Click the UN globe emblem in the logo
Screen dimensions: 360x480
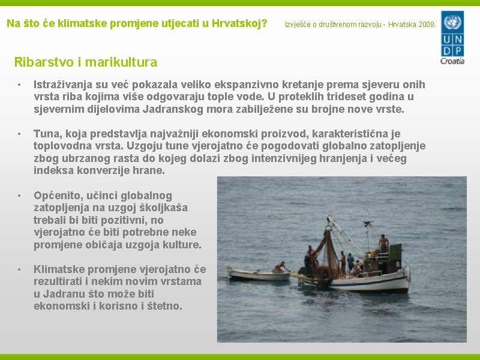pos(452,24)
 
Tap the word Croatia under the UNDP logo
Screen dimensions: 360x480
pos(452,60)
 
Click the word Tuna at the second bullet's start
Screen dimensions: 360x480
pos(46,133)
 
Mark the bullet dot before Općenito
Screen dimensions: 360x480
pos(20,196)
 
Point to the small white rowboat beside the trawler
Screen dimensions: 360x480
pos(259,275)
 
